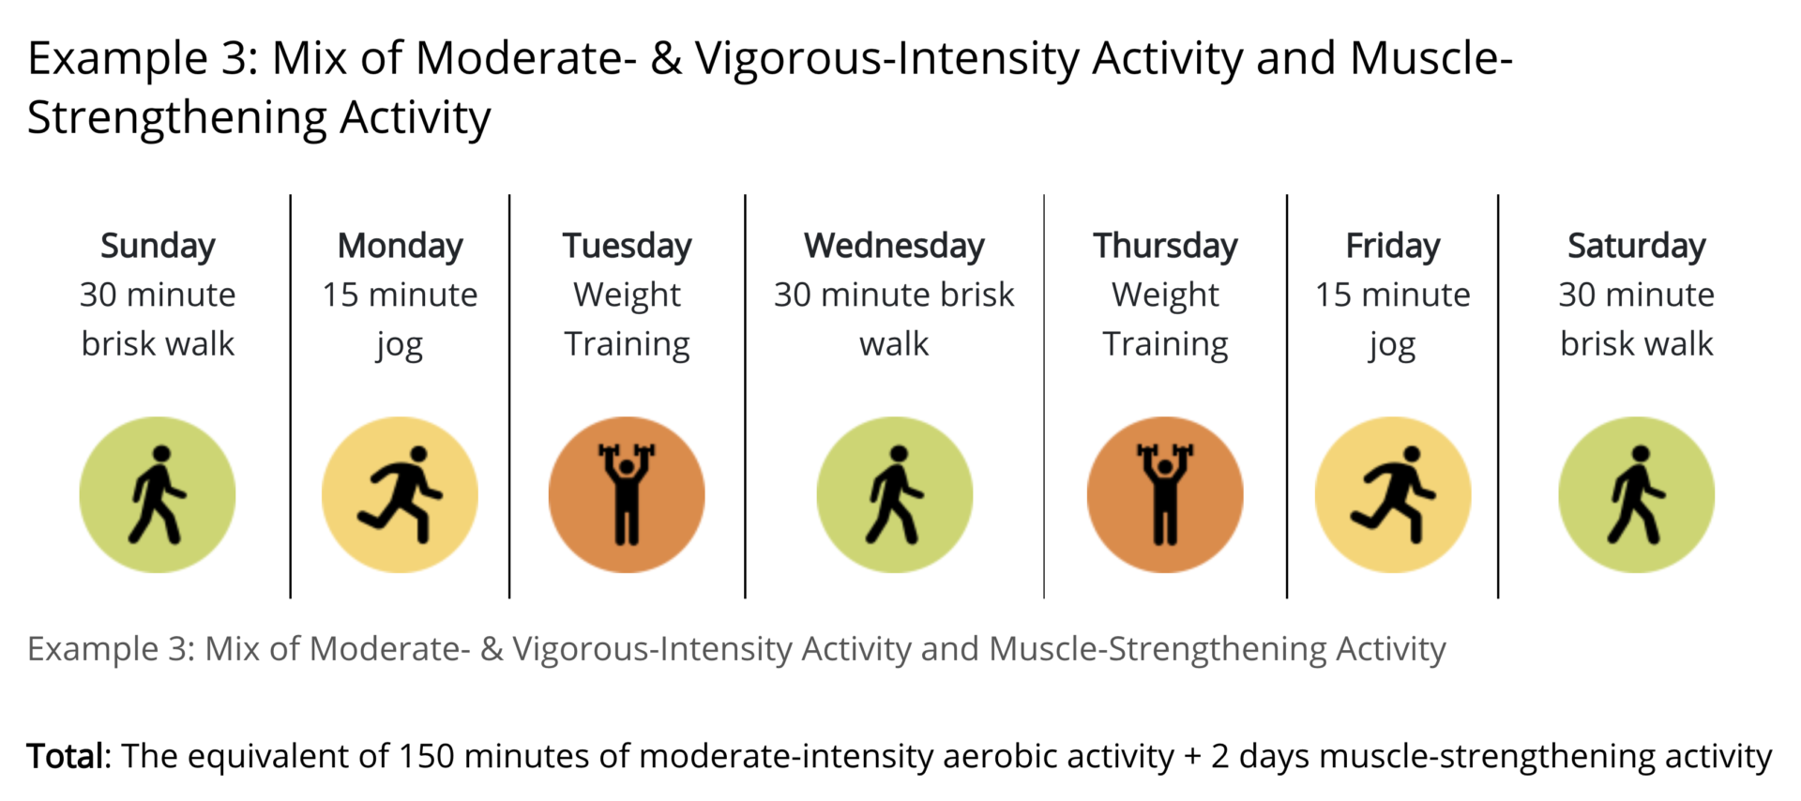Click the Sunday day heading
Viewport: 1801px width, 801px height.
coord(158,247)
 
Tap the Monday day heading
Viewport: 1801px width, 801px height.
coord(400,247)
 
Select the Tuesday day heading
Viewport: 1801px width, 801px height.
coord(627,247)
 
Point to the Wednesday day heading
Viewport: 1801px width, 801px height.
coord(894,246)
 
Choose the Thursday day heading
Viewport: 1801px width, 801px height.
coord(1165,247)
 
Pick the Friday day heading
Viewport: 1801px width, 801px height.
coord(1393,247)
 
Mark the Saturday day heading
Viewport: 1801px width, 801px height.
coord(1637,247)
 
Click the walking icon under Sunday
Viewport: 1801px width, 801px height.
coord(158,494)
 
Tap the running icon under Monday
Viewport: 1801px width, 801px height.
coord(400,494)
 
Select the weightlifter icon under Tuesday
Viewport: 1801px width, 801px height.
coord(627,494)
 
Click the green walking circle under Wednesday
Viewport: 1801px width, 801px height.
coord(895,494)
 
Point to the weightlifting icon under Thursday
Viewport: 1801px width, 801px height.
coord(1165,494)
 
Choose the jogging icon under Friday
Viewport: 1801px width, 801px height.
coord(1393,494)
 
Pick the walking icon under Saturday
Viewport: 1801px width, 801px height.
coord(1637,494)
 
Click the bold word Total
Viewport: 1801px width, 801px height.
coord(68,756)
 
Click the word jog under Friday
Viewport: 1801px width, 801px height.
coord(1392,346)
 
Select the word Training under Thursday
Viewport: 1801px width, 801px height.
coord(1165,345)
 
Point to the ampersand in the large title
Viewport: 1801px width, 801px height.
coord(666,59)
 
